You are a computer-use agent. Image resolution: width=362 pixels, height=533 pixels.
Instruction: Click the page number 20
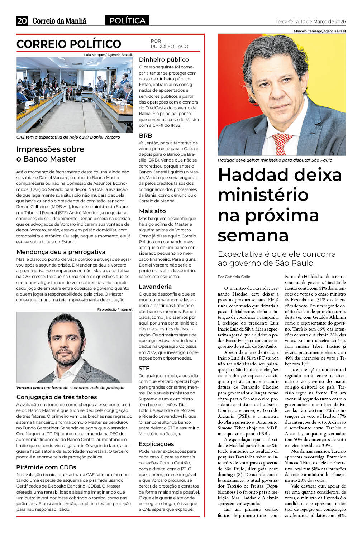(22, 21)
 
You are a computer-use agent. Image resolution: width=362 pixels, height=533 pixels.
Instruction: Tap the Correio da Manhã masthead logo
(59, 21)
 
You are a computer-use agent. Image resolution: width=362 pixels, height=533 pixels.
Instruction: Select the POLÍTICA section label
(127, 21)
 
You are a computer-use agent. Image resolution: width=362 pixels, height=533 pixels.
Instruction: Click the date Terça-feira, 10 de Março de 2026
(310, 22)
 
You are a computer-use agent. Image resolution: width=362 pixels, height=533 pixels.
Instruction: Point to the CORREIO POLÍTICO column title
(69, 44)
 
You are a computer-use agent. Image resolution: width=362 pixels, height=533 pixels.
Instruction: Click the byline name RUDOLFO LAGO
(169, 47)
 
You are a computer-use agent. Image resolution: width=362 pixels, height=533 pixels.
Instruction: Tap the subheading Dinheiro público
(164, 59)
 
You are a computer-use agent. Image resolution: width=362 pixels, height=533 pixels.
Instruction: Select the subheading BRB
(146, 135)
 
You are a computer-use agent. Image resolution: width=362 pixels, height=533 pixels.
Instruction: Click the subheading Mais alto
(152, 211)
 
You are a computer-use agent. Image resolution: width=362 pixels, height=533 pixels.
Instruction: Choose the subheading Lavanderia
(155, 287)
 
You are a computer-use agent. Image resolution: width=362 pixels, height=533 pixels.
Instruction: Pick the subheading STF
(144, 368)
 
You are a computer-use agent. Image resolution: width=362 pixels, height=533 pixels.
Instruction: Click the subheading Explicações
(156, 444)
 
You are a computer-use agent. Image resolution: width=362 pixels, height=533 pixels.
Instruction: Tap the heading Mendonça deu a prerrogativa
(61, 252)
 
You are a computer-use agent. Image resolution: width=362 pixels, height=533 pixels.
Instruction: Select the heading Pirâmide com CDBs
(46, 467)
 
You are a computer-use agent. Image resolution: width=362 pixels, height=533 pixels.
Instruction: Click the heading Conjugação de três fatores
(57, 397)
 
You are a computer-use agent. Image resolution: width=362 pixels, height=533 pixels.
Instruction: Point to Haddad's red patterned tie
(282, 143)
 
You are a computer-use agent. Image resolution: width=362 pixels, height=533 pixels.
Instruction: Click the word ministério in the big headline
(263, 195)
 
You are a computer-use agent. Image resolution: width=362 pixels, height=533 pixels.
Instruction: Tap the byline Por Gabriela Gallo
(234, 277)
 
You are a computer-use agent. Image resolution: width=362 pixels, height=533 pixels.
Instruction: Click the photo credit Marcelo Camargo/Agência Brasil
(320, 31)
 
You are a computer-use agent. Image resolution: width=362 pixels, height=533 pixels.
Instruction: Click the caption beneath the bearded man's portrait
(71, 388)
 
